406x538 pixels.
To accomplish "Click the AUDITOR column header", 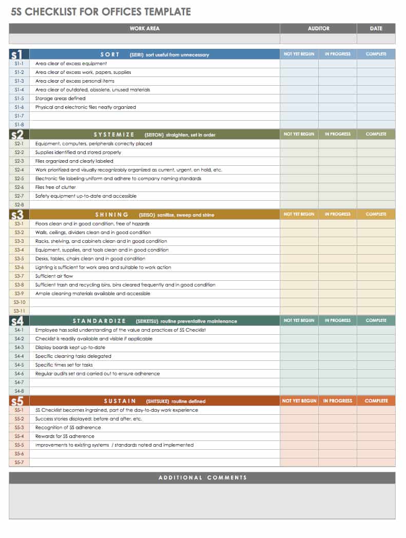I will (318, 29).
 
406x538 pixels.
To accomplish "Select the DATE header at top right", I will (376, 29).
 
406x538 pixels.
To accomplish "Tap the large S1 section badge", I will (17, 54).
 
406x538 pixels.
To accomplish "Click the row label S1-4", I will (20, 90).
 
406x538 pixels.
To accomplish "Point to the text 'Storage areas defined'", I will (60, 99).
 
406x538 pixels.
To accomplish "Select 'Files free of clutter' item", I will (55, 187).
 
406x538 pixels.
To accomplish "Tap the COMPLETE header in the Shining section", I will (376, 214).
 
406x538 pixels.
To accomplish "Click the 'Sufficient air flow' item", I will (54, 276).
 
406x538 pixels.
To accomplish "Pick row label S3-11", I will (20, 311).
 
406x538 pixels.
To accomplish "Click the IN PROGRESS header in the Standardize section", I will (337, 320).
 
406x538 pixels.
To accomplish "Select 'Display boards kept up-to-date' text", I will (71, 348).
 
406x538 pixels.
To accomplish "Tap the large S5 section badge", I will (17, 400).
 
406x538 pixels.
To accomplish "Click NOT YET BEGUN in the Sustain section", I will (299, 401).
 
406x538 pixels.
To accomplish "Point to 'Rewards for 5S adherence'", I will (65, 436).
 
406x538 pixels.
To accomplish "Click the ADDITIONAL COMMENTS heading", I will (202, 478).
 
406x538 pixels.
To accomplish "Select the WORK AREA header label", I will (144, 29).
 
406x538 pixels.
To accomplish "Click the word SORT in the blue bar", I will (110, 54).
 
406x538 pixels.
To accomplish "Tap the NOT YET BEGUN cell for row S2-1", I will (299, 144).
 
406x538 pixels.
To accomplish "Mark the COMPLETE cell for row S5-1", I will (376, 410).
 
